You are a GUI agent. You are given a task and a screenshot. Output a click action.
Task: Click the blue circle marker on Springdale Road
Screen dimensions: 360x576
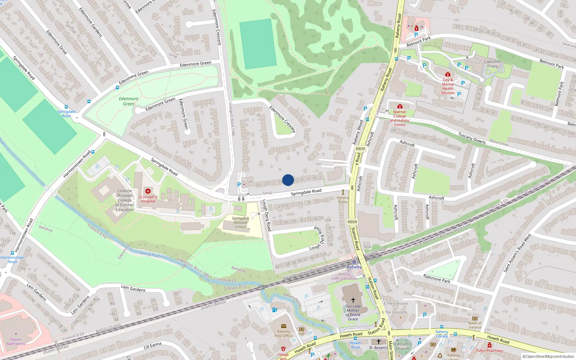288,180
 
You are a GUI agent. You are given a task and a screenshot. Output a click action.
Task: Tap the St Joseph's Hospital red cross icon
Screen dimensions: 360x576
148,191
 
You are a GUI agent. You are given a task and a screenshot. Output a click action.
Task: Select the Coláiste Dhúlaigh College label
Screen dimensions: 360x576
125,200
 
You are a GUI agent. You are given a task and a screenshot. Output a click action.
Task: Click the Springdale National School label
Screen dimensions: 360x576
240,222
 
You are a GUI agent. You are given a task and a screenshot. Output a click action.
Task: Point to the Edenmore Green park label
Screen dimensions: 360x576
129,101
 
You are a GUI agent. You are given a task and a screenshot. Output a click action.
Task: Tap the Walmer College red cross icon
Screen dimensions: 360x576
400,106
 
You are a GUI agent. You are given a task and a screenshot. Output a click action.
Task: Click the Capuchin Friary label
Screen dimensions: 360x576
492,64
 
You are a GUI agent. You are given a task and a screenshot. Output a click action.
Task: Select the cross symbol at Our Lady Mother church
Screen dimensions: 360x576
353,300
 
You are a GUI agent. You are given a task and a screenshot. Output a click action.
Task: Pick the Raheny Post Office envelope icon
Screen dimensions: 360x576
283,326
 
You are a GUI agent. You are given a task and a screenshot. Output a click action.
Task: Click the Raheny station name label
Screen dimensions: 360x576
354,267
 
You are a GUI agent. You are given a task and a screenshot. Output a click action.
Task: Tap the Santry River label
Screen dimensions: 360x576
150,254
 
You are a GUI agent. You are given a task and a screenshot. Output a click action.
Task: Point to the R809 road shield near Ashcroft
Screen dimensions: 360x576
360,149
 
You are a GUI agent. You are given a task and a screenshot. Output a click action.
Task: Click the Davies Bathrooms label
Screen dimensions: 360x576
16,341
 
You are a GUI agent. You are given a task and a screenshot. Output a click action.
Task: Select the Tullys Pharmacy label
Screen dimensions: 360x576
489,350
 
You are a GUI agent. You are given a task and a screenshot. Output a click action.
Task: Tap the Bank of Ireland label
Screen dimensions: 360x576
474,325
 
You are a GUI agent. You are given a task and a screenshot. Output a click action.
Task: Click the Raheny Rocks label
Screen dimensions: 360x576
343,199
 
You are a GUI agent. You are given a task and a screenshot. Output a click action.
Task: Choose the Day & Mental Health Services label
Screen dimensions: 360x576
448,86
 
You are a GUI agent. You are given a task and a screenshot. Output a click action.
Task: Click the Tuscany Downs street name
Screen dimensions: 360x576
472,138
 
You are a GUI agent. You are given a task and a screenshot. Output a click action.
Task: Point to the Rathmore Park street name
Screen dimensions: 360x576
436,278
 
